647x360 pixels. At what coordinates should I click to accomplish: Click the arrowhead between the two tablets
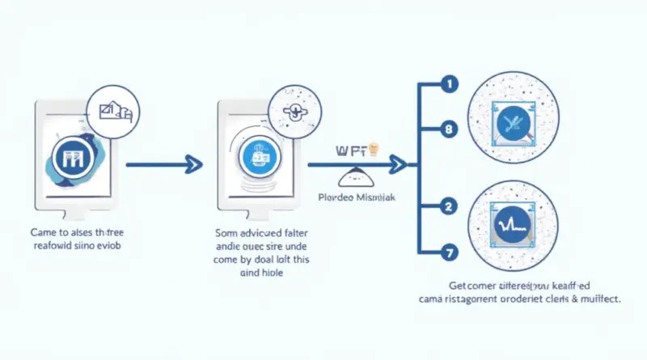192,166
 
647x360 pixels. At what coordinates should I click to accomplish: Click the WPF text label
349,150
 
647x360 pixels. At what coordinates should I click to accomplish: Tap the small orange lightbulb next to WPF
374,148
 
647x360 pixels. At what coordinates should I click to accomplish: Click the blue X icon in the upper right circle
511,123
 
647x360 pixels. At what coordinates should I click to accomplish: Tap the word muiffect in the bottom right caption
597,299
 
